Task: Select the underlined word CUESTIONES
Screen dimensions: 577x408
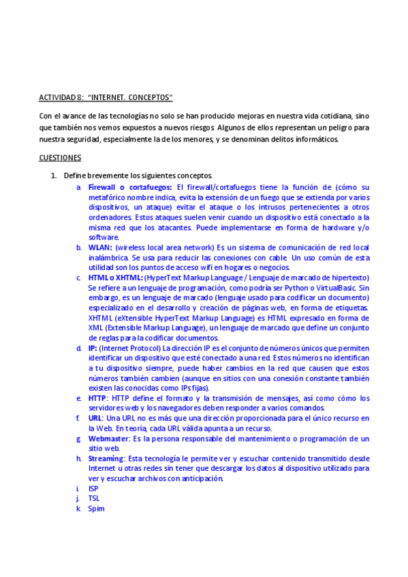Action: [x=60, y=158]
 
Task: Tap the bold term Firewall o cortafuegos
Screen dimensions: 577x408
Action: [x=130, y=187]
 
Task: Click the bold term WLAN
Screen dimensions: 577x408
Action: [x=100, y=248]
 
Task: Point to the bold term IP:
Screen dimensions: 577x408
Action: [x=93, y=348]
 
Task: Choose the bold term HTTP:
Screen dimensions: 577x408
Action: [x=99, y=398]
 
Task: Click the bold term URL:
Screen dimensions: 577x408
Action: [x=97, y=417]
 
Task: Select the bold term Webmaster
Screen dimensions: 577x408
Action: [x=109, y=439]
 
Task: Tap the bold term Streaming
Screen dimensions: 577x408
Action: [x=106, y=459]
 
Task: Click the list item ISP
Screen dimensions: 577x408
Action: [x=93, y=489]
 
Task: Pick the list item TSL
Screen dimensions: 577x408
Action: [x=94, y=498]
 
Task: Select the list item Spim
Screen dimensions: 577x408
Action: [x=96, y=508]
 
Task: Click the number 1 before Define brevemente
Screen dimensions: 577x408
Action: [x=54, y=176]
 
